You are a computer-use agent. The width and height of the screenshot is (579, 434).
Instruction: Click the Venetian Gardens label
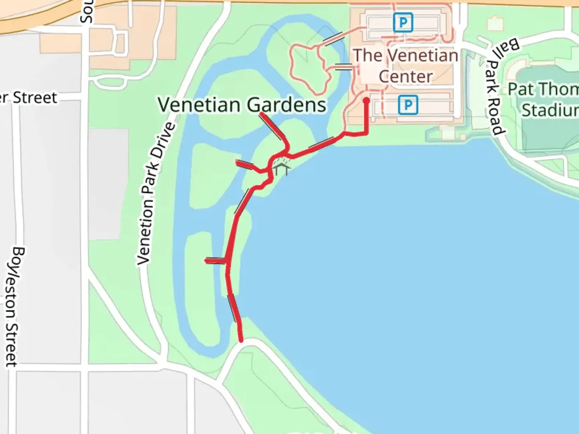tap(242, 105)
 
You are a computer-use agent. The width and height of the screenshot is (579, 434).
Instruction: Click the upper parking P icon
tap(403, 23)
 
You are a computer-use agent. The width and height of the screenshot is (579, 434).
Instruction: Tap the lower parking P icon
tap(408, 105)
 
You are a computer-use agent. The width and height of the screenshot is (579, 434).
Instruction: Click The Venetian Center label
tap(405, 66)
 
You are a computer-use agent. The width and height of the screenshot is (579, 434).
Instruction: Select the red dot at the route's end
tap(366, 101)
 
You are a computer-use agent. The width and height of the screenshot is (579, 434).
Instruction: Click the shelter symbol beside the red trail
tap(281, 169)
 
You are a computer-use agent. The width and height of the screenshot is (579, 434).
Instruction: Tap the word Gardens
tap(286, 105)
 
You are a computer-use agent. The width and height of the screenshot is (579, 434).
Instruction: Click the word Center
tap(405, 76)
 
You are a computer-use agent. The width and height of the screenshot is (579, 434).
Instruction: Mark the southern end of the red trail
tap(241, 340)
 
